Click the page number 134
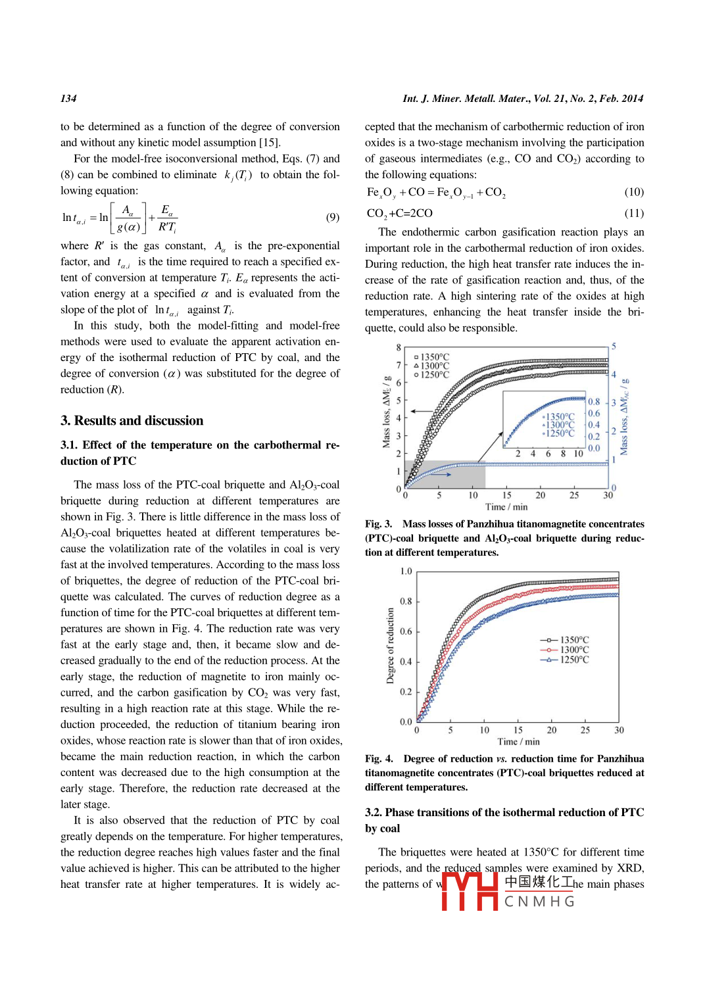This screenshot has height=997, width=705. pos(68,99)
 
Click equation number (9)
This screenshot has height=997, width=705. pos(332,218)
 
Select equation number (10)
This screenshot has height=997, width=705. pos(633,192)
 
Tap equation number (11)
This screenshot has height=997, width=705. pos(633,213)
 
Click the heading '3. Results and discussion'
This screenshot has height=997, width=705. pos(132,421)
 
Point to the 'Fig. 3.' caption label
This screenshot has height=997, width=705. pos(379,524)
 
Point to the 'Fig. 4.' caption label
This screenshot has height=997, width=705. pos(379,759)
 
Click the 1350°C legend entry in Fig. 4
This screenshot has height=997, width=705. pos(565,640)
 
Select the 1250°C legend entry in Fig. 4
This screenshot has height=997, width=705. pos(565,660)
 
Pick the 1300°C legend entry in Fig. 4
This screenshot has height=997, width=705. pos(565,650)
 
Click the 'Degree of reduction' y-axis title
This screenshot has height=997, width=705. pos(390,646)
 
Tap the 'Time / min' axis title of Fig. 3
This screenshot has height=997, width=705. pos(506,507)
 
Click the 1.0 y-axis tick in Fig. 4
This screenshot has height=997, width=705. pos(406,571)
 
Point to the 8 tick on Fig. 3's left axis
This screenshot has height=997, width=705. pos(399,347)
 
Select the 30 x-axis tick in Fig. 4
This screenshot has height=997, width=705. pos(619,730)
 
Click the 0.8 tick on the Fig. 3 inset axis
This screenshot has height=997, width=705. pos(594,402)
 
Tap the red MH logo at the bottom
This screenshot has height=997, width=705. pos(470,891)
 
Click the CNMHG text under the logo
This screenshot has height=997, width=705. pos(539,902)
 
